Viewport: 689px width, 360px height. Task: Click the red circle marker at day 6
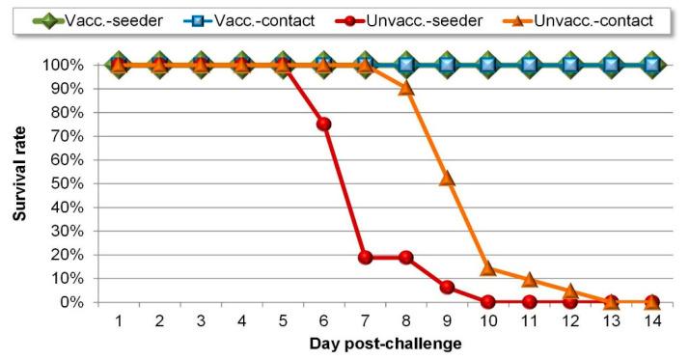tap(324, 124)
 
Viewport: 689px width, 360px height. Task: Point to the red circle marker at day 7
tap(365, 258)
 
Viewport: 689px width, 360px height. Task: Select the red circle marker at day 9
tap(447, 288)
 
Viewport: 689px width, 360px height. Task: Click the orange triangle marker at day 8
tap(406, 88)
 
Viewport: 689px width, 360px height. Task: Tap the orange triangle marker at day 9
tap(447, 179)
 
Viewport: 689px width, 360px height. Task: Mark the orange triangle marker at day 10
tap(488, 268)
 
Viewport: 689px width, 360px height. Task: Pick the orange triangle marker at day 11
tap(529, 280)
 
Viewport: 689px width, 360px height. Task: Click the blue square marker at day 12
tap(570, 65)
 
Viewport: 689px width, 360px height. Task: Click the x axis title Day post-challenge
tap(385, 345)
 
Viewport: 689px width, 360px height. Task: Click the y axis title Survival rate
tap(18, 183)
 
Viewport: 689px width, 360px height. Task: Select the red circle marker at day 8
tap(406, 258)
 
